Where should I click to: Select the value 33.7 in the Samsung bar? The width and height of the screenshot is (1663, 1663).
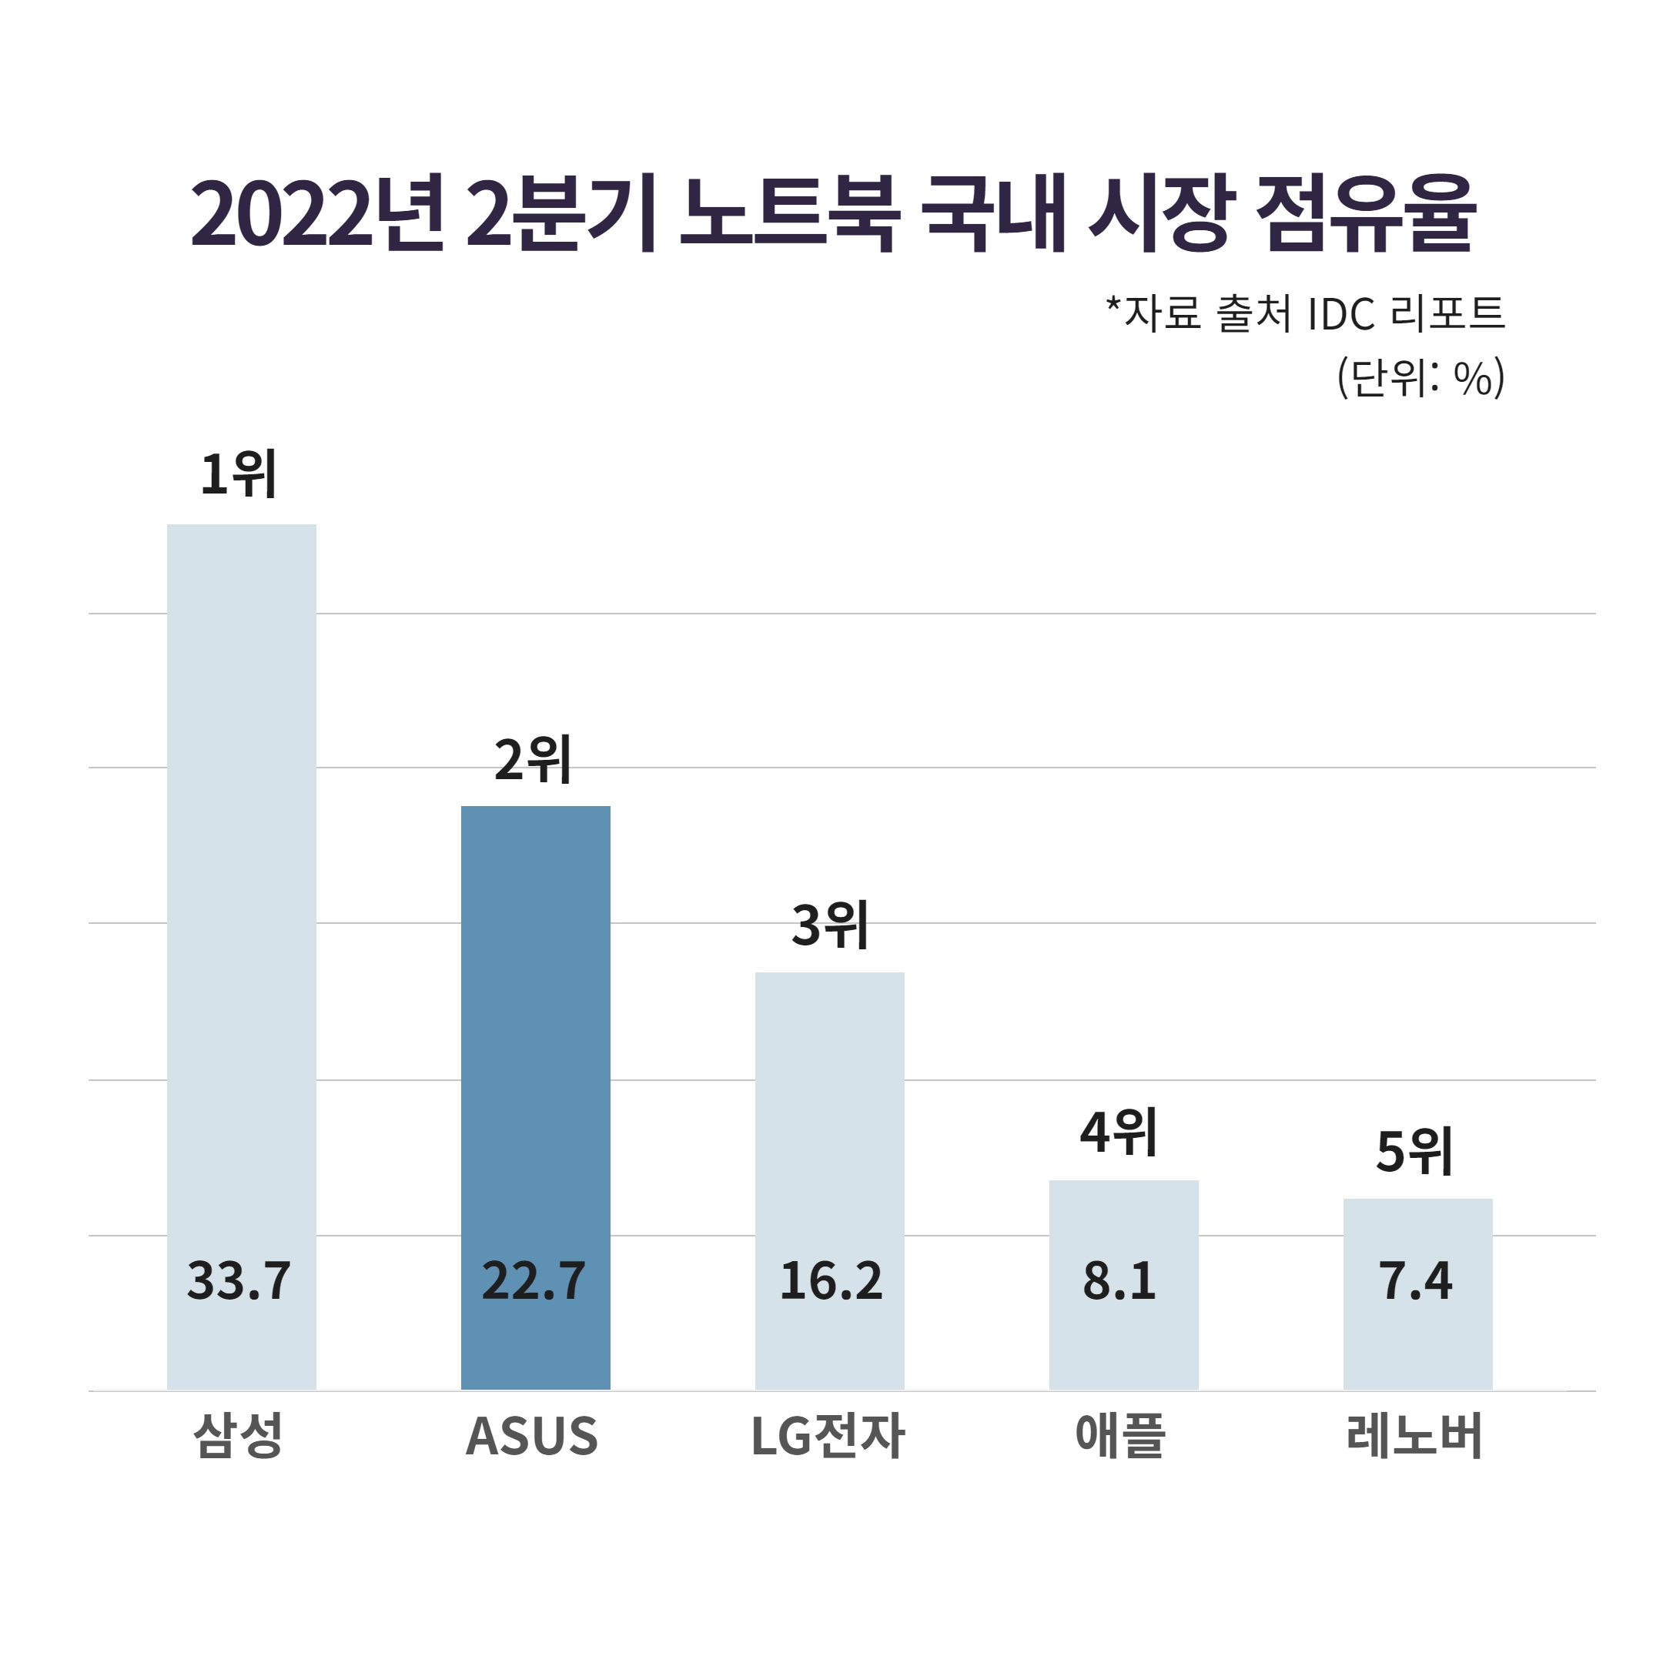(x=239, y=1281)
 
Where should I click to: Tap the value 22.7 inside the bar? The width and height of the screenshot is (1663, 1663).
(x=534, y=1281)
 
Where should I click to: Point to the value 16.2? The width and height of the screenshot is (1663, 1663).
(x=831, y=1281)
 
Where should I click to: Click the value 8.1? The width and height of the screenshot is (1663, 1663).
(x=1119, y=1281)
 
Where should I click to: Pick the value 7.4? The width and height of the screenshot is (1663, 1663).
(x=1416, y=1281)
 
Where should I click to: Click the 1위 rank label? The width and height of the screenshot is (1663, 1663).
(x=239, y=474)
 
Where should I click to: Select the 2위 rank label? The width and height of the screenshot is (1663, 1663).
(x=533, y=761)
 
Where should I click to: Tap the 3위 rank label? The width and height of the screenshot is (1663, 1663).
(x=830, y=926)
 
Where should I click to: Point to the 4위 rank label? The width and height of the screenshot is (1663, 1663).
(x=1118, y=1133)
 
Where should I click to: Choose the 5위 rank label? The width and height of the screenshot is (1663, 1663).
(x=1414, y=1153)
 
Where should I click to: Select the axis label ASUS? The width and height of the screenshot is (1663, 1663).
(x=532, y=1437)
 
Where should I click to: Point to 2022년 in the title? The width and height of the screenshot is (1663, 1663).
(x=316, y=213)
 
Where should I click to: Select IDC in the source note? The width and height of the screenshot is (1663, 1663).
(x=1340, y=314)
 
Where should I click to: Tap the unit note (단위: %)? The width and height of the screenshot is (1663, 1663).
(x=1420, y=378)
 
